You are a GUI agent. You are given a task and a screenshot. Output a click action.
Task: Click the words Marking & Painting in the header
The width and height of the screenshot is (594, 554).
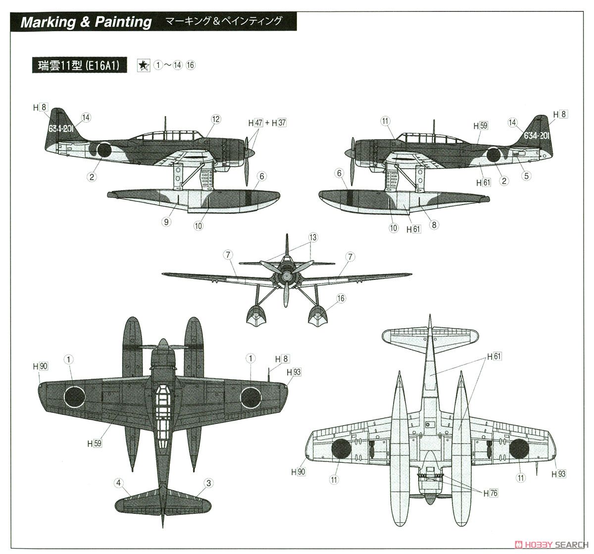point(86,22)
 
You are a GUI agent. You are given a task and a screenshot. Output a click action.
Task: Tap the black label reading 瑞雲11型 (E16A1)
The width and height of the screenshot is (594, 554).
point(79,65)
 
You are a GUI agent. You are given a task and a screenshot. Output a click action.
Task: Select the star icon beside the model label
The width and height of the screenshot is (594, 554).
point(144,65)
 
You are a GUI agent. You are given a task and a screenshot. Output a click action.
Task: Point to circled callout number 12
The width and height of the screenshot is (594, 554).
point(216,119)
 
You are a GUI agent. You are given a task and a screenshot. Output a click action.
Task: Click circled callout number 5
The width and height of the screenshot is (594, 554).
point(526,176)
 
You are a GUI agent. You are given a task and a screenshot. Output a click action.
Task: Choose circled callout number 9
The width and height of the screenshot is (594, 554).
point(166,222)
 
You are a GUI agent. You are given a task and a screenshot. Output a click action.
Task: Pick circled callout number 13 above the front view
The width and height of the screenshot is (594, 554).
point(313,237)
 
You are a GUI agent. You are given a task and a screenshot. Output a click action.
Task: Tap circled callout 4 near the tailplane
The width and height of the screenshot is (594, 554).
point(119,483)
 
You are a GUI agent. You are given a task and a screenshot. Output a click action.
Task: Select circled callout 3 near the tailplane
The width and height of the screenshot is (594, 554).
point(208,483)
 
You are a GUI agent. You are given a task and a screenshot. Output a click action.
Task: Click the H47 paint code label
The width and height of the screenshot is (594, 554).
point(256,123)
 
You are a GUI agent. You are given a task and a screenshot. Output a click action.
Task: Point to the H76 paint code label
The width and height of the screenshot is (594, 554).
point(491,493)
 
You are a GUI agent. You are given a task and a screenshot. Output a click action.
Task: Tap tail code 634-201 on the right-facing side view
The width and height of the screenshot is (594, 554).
point(61,129)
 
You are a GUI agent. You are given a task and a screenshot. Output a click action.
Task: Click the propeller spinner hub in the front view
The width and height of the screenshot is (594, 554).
point(287,275)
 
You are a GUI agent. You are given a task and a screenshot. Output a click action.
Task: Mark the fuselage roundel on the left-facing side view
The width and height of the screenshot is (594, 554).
point(494,155)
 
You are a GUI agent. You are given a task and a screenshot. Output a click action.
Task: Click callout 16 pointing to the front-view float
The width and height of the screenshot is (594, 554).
point(341,299)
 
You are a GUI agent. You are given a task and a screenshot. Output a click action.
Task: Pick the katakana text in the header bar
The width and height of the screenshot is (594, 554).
point(224,21)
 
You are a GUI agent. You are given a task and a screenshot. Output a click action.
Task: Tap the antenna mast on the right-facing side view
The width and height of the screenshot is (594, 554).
point(165,124)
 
